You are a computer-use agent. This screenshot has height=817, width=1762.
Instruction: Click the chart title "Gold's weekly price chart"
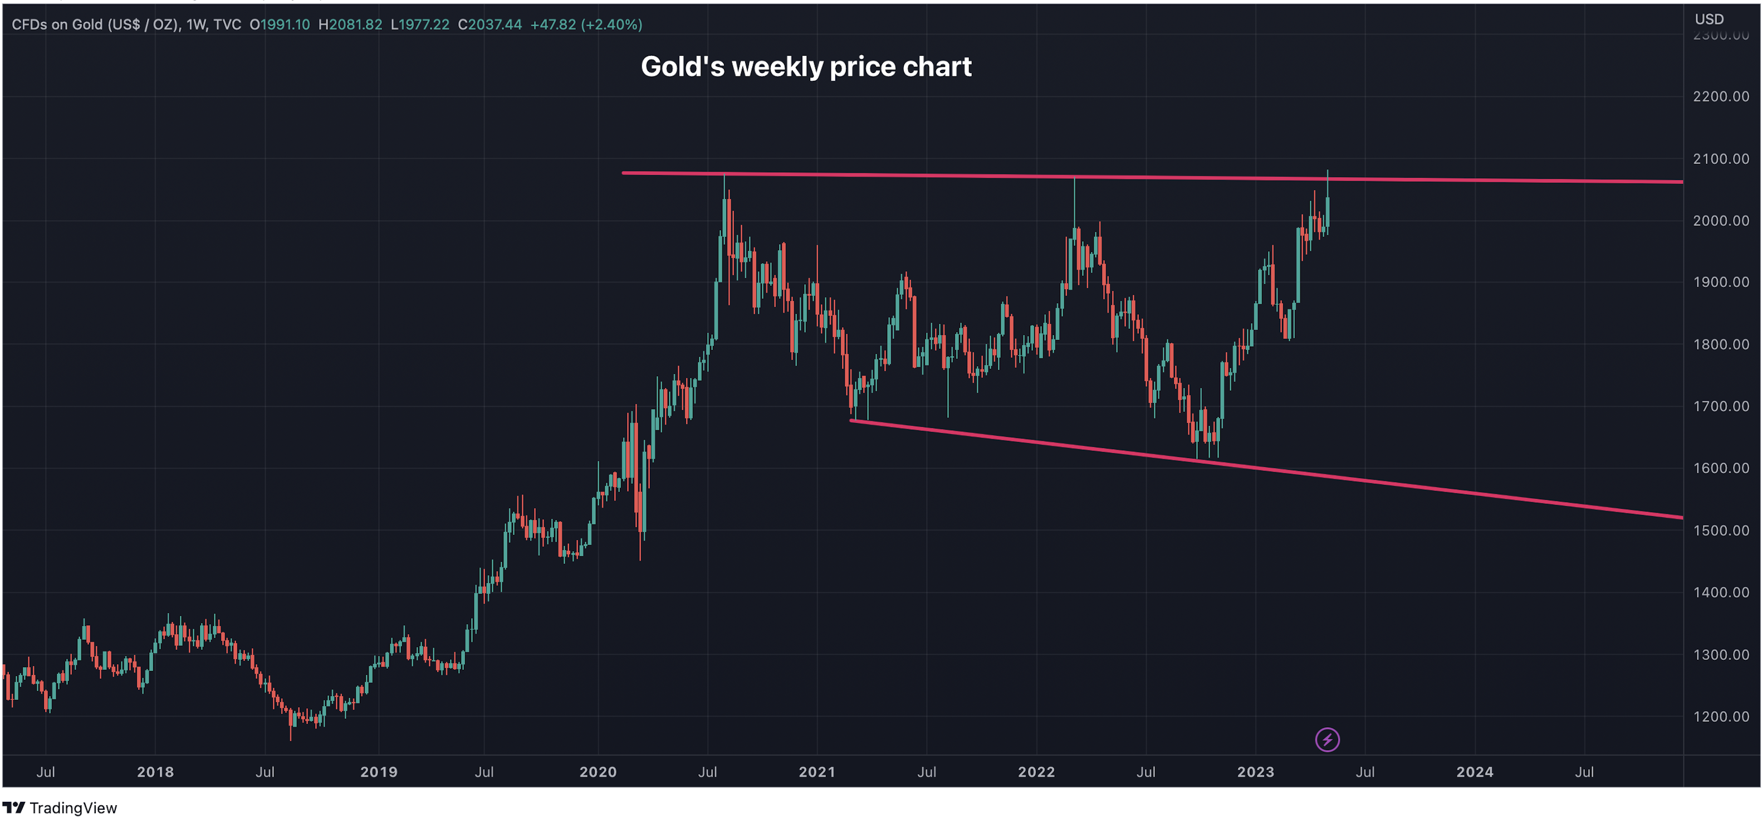(x=806, y=66)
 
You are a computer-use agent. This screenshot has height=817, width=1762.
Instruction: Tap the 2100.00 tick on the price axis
(x=1720, y=159)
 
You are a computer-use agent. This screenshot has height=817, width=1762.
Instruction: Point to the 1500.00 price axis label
(x=1720, y=531)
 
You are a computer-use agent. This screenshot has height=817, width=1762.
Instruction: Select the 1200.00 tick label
(x=1720, y=717)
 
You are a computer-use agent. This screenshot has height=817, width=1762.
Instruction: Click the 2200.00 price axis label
(x=1720, y=96)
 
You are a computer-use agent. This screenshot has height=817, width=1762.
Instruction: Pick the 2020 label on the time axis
(x=598, y=772)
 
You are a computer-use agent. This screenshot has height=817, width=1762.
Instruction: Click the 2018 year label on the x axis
(x=155, y=772)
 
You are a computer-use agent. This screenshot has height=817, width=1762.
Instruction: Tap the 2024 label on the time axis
(x=1474, y=772)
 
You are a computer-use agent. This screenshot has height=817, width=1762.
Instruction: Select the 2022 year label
(x=1036, y=772)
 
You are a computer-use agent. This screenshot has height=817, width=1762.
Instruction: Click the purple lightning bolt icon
(x=1327, y=740)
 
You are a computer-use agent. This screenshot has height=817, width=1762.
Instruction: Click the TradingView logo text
(x=72, y=808)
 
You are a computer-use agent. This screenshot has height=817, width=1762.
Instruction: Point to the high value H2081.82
(x=350, y=25)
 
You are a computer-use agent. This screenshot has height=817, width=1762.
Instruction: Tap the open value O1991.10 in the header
(x=279, y=25)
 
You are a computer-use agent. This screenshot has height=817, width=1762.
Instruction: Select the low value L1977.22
(x=420, y=25)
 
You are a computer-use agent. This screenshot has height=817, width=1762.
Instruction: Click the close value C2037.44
(x=490, y=25)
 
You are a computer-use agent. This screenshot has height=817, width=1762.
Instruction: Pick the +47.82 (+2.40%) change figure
(x=586, y=25)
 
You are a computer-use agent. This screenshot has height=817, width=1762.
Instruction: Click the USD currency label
(x=1709, y=19)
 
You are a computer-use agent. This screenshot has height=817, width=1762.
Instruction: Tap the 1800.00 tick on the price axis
(x=1720, y=344)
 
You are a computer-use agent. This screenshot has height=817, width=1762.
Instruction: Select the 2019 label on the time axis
(x=379, y=772)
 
